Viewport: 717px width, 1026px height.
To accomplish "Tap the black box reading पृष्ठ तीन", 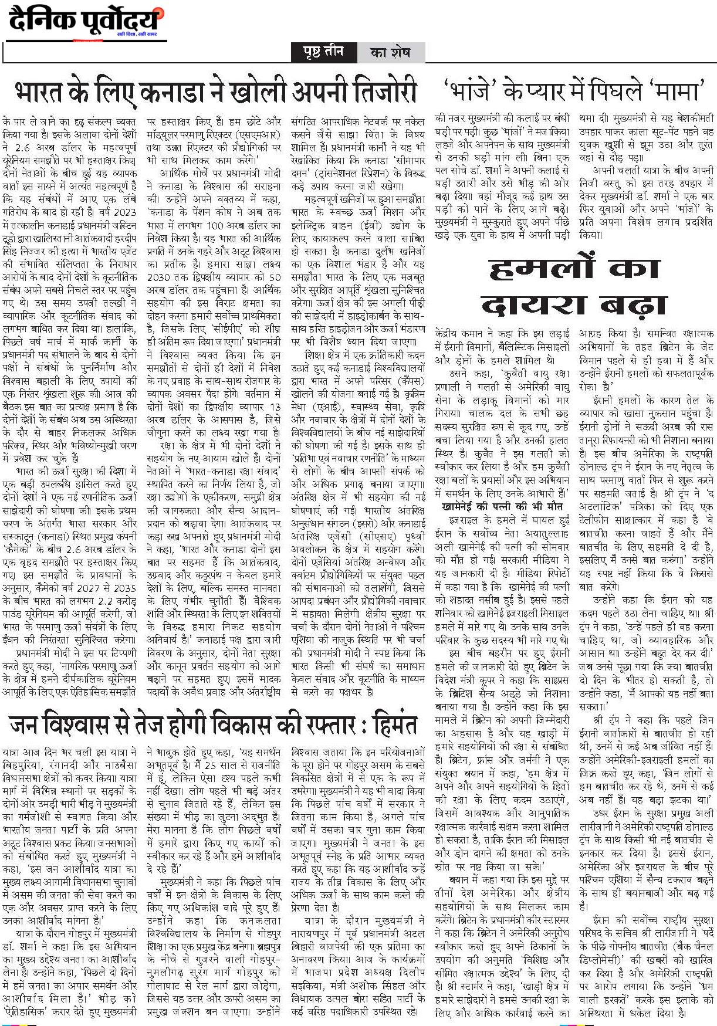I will (x=323, y=52).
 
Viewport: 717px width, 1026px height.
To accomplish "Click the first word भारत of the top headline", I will (x=40, y=93).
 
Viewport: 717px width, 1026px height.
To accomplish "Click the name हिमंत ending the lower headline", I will (x=392, y=726).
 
